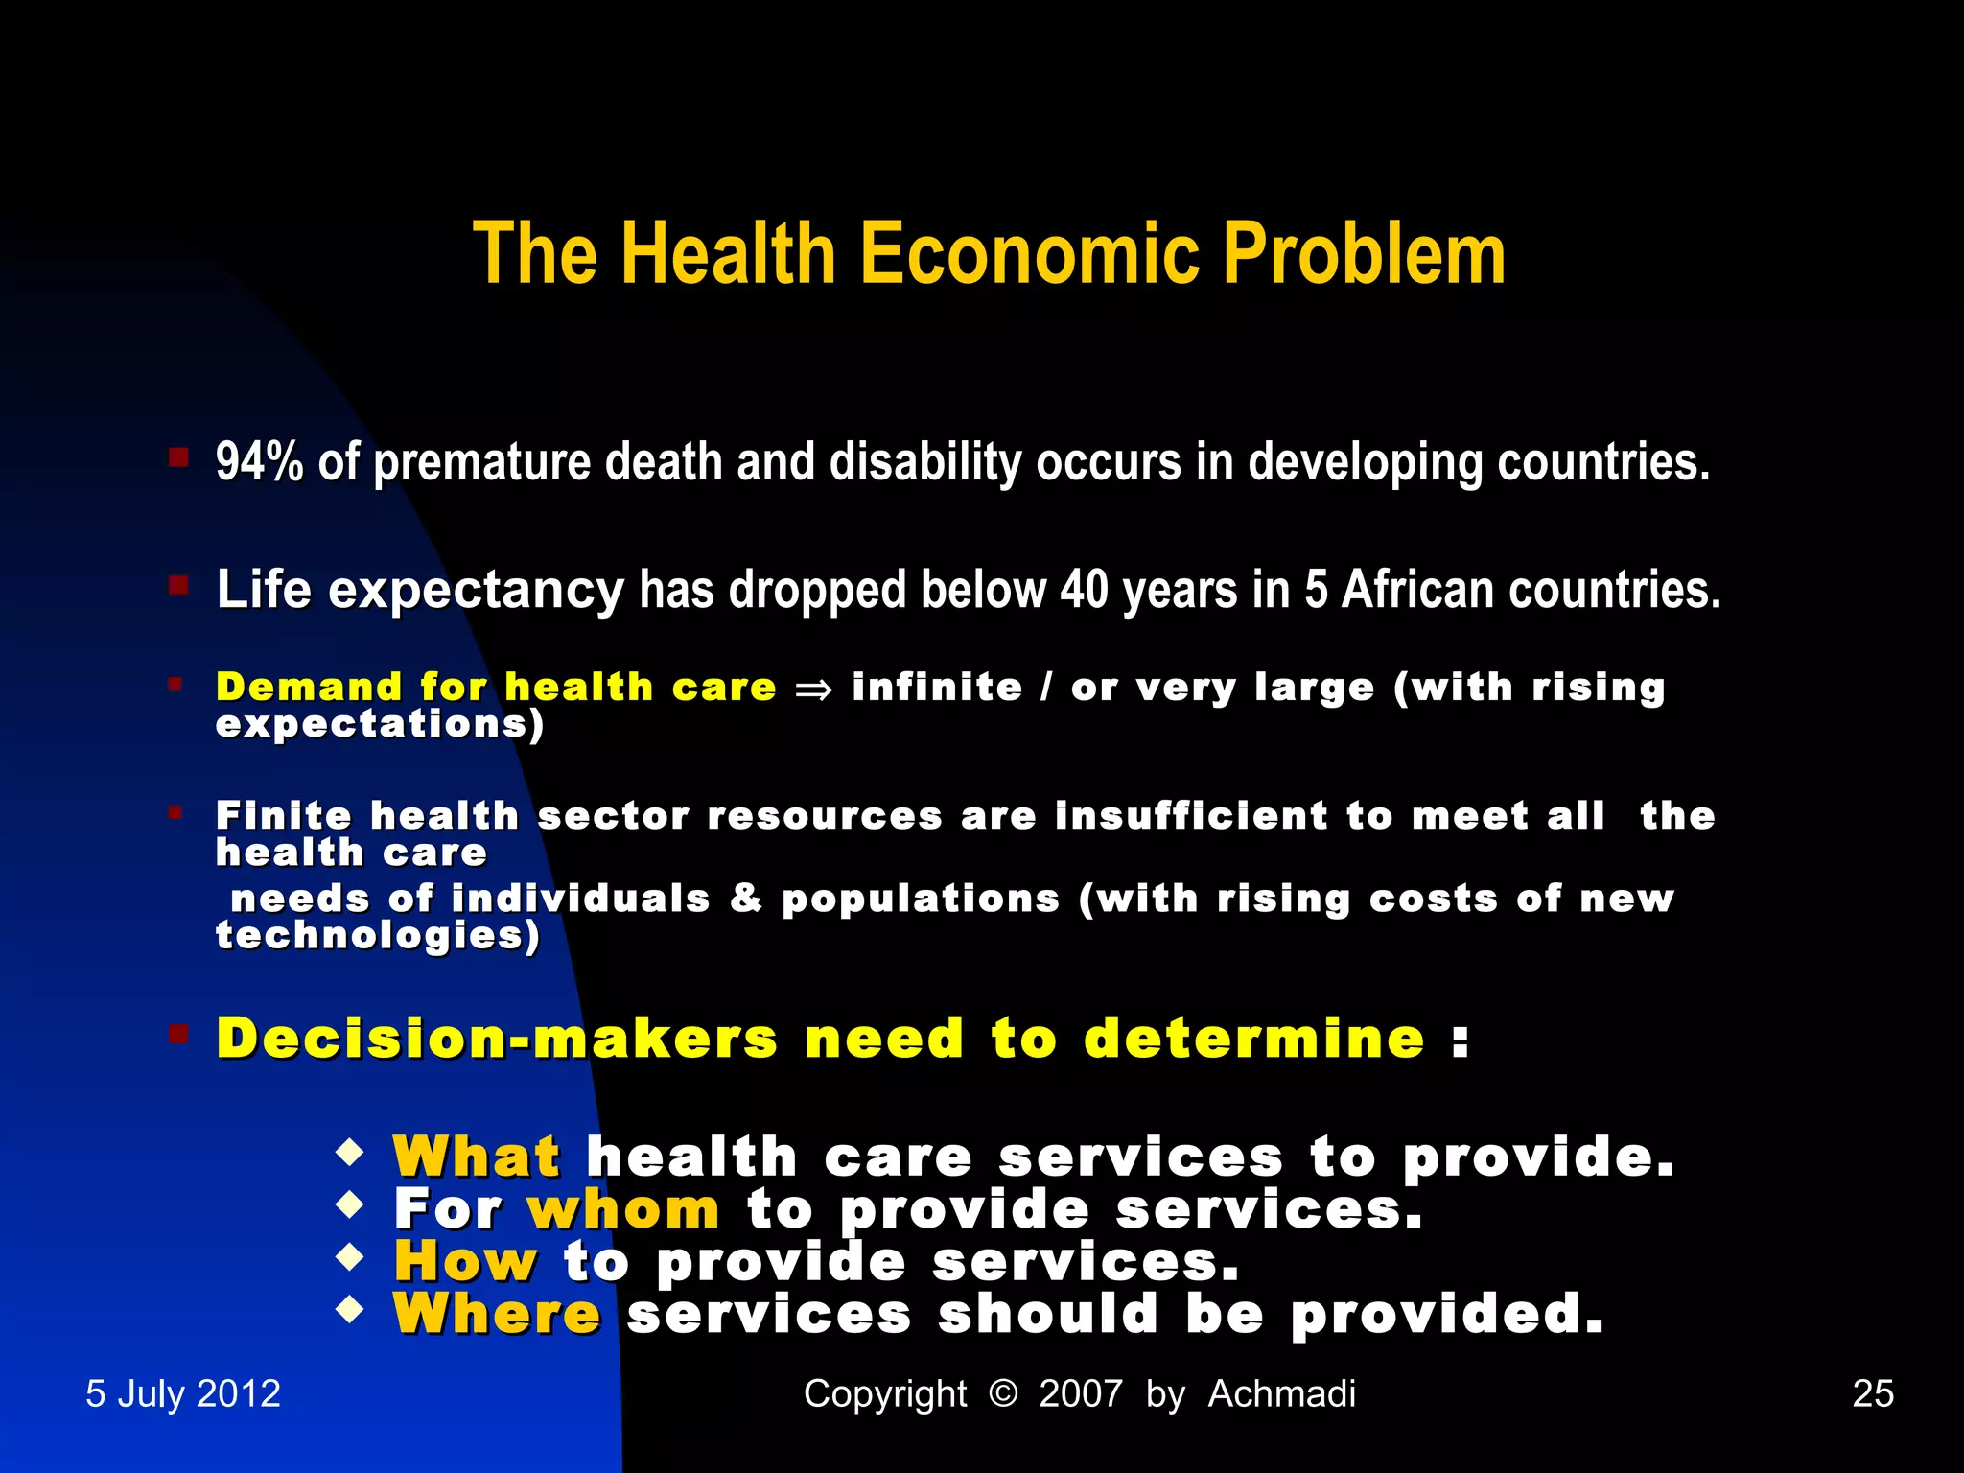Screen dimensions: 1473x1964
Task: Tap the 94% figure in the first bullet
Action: [259, 462]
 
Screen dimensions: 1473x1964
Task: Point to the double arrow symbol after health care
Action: [813, 690]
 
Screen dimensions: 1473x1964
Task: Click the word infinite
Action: [937, 688]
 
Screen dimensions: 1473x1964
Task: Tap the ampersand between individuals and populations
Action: [746, 899]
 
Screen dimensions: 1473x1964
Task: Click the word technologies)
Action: [378, 936]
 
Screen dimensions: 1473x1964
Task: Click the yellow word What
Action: [477, 1157]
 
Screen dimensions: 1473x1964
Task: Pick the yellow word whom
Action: [623, 1209]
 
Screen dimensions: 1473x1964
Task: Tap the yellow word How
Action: [466, 1261]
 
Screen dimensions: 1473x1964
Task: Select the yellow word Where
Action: [497, 1314]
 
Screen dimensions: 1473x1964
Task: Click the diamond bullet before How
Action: [350, 1256]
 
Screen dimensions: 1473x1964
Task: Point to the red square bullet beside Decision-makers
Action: [178, 1034]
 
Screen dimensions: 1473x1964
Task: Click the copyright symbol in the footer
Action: [1002, 1392]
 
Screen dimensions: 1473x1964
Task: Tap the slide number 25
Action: [1873, 1393]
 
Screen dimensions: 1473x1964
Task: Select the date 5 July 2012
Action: [183, 1393]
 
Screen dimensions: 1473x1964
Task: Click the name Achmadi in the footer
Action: [1281, 1393]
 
